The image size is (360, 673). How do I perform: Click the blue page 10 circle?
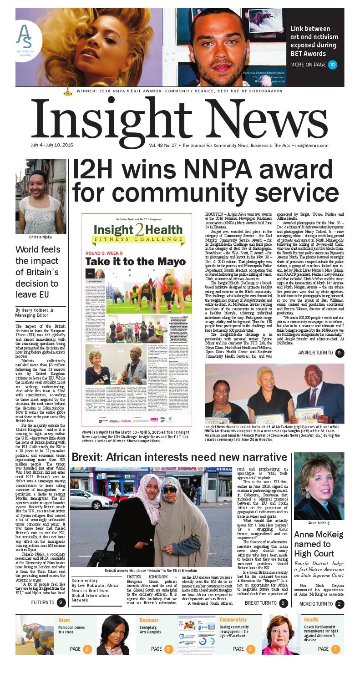333,65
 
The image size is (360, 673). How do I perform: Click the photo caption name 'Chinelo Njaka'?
41,237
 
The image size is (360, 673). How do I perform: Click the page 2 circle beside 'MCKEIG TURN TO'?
340,604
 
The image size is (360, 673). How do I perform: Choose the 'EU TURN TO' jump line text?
43,602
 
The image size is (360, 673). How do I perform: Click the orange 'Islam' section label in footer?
64,620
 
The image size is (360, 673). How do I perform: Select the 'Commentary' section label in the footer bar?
233,620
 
